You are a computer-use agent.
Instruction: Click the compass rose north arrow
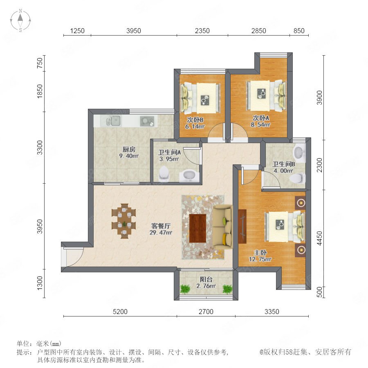[x=20, y=17]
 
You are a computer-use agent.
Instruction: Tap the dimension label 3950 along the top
[x=134, y=31]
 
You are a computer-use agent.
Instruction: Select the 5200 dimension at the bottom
[x=120, y=312]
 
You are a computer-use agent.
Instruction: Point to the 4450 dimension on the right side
[x=319, y=238]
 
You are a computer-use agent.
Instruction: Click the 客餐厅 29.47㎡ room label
[x=161, y=229]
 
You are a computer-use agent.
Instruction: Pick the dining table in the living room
[x=124, y=221]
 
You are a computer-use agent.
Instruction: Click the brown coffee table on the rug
[x=197, y=228]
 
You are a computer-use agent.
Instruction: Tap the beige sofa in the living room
[x=223, y=226]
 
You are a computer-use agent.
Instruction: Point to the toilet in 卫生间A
[x=164, y=174]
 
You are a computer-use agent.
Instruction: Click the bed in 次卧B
[x=201, y=98]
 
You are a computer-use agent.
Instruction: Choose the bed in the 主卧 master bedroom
[x=285, y=227]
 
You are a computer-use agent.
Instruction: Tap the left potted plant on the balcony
[x=185, y=289]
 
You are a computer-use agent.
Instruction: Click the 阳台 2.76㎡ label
[x=206, y=283]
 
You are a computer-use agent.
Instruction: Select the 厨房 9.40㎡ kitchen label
[x=129, y=153]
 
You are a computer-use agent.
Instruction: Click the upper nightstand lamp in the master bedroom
[x=301, y=203]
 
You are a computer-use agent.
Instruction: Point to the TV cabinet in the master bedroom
[x=242, y=227]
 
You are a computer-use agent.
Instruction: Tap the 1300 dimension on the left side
[x=40, y=283]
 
